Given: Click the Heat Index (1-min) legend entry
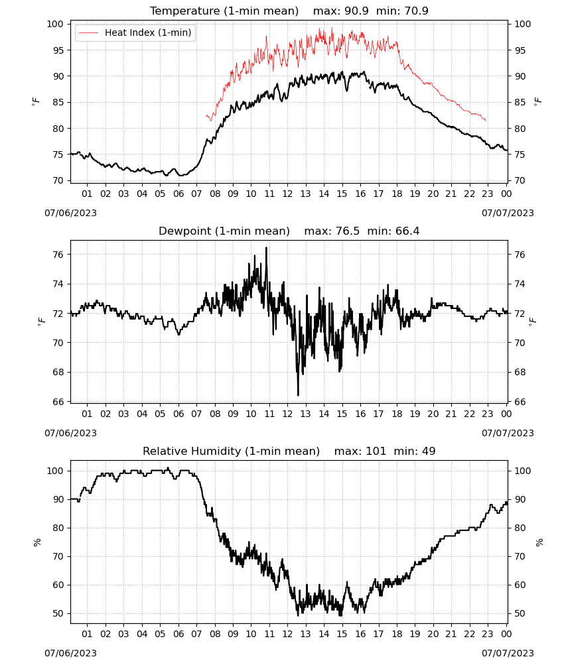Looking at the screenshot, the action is (x=135, y=32).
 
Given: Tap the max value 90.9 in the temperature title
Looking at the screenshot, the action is (x=357, y=11).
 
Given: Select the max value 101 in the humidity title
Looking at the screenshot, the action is (x=376, y=451).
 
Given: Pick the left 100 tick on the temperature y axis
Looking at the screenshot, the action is (x=54, y=24).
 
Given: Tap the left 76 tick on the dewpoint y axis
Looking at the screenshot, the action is (x=58, y=255).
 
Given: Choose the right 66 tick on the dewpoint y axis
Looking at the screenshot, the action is (x=520, y=402).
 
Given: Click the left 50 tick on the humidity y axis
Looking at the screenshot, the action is (x=58, y=613).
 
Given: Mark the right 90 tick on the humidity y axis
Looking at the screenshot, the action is (x=520, y=499).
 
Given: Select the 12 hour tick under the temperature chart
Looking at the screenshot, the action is (x=287, y=194).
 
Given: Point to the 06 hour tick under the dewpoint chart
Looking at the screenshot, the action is (x=178, y=414).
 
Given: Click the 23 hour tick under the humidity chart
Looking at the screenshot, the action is (x=488, y=634).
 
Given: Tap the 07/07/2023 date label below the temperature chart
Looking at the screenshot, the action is (x=508, y=213).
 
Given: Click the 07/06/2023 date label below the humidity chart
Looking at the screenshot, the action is (x=70, y=653).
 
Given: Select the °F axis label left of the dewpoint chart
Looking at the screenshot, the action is (x=41, y=322).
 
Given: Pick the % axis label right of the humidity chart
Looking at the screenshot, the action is (x=539, y=542).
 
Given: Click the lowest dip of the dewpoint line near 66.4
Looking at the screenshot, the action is (x=299, y=395).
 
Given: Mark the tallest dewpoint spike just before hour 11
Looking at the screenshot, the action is (x=266, y=249).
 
